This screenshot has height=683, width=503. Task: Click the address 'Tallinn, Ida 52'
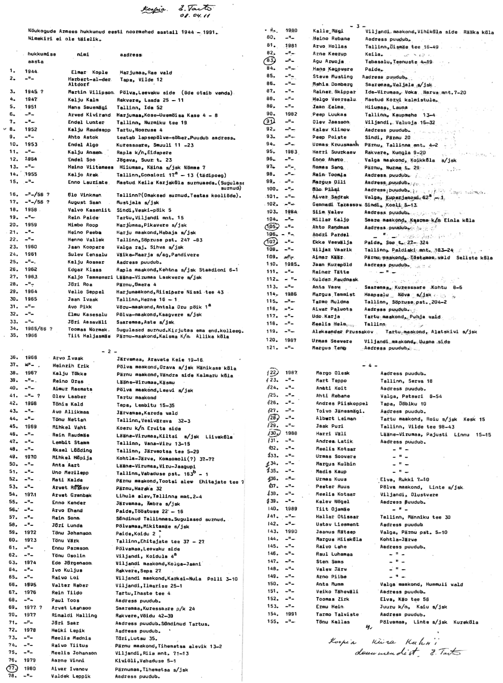(x=139, y=107)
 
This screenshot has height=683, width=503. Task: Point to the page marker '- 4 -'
(x=370, y=365)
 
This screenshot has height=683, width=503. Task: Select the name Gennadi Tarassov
(x=336, y=205)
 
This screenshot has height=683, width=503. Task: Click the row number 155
(x=273, y=622)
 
